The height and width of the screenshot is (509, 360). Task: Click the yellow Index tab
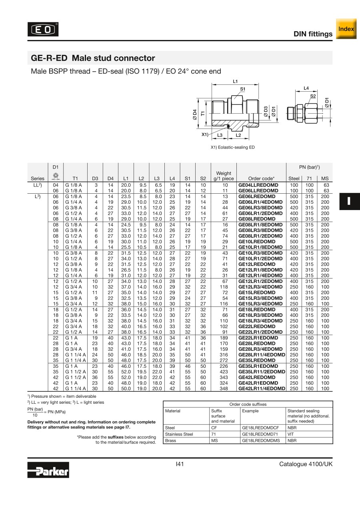click(346, 29)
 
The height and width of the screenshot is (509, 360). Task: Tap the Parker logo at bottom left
click(48, 469)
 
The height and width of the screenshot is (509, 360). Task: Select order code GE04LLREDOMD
click(258, 185)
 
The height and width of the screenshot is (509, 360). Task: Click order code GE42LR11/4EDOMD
click(262, 388)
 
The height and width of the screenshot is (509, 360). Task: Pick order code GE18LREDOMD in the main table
click(257, 309)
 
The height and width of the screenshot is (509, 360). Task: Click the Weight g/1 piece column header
click(223, 176)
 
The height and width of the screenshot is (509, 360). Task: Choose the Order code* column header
click(261, 178)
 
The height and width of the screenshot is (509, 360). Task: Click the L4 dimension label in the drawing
click(306, 88)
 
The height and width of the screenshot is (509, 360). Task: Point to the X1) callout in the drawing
click(205, 134)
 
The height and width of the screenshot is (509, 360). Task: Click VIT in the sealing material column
click(291, 434)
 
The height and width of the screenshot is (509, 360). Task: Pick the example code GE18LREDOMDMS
click(261, 441)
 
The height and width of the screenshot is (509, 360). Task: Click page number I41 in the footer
click(180, 464)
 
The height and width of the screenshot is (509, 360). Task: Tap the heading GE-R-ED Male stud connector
click(93, 58)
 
